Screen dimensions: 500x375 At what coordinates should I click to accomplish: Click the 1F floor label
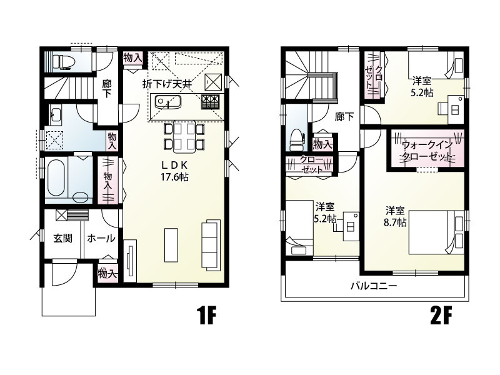pyautogui.click(x=207, y=315)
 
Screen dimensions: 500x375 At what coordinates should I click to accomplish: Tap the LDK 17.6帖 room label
pyautogui.click(x=174, y=171)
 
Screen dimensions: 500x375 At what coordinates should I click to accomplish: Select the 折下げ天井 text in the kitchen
pyautogui.click(x=167, y=84)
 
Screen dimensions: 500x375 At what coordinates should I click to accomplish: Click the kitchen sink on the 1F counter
pyautogui.click(x=168, y=102)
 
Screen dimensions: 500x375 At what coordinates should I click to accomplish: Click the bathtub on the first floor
pyautogui.click(x=56, y=178)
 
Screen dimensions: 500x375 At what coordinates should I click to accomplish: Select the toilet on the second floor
pyautogui.click(x=296, y=140)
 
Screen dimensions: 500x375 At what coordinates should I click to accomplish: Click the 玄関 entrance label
pyautogui.click(x=63, y=238)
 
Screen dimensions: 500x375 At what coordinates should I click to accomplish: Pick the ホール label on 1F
pyautogui.click(x=101, y=238)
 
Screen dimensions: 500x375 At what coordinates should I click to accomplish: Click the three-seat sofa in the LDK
pyautogui.click(x=211, y=245)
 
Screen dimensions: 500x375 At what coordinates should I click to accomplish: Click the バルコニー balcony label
pyautogui.click(x=374, y=286)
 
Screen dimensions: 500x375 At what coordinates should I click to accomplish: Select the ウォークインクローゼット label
pyautogui.click(x=427, y=150)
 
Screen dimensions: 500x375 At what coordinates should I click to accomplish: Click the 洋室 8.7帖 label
pyautogui.click(x=395, y=216)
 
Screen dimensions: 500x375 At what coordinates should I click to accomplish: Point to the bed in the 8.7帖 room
pyautogui.click(x=436, y=232)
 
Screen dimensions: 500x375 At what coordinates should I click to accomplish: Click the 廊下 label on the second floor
pyautogui.click(x=344, y=117)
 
